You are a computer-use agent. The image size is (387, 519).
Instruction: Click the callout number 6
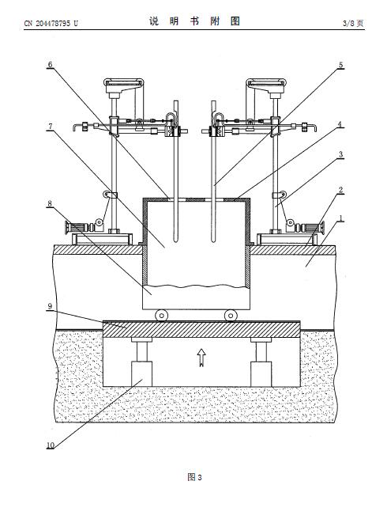[50, 65]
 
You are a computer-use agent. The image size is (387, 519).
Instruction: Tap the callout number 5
[340, 65]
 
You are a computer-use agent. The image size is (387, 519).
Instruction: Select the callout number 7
[51, 127]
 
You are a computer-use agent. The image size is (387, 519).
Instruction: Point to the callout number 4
[340, 125]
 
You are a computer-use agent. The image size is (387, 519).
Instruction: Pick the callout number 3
[340, 154]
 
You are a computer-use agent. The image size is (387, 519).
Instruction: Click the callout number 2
[340, 190]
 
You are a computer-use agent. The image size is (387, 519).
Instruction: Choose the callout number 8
[50, 203]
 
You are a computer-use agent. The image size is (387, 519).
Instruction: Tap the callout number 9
[50, 306]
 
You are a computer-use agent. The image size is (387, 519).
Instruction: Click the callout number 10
[51, 445]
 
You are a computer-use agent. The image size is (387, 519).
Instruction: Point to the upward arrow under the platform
[201, 358]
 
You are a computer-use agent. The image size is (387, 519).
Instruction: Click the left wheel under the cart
[161, 316]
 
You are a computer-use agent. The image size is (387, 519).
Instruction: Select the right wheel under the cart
[230, 316]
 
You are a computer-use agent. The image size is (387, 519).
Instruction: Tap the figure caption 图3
[194, 477]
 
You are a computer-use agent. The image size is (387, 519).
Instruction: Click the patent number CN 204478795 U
[51, 23]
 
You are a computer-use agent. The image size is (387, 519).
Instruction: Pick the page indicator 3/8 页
[353, 23]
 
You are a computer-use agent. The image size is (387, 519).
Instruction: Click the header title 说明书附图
[194, 21]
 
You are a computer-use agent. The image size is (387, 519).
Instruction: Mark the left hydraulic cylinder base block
[142, 374]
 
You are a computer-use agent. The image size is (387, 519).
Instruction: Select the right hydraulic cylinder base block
[261, 374]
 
